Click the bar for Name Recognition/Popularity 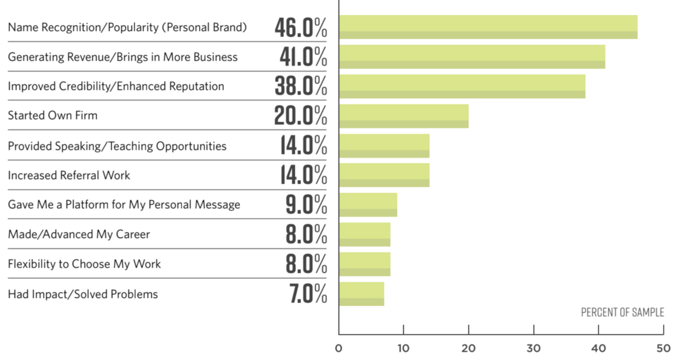click(488, 27)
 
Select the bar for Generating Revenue click(471, 57)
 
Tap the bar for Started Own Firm click(403, 116)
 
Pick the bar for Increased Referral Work click(384, 175)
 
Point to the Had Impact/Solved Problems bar click(361, 294)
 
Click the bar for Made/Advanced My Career click(365, 234)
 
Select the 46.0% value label click(301, 28)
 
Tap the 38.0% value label click(301, 87)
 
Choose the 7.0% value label click(308, 294)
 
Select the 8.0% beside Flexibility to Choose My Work click(306, 264)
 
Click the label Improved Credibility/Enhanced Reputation click(116, 87)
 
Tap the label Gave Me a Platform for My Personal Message click(124, 205)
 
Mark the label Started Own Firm click(53, 116)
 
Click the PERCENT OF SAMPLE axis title click(622, 313)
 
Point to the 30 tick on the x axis click(534, 348)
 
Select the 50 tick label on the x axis click(663, 348)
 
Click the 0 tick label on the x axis click(339, 348)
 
